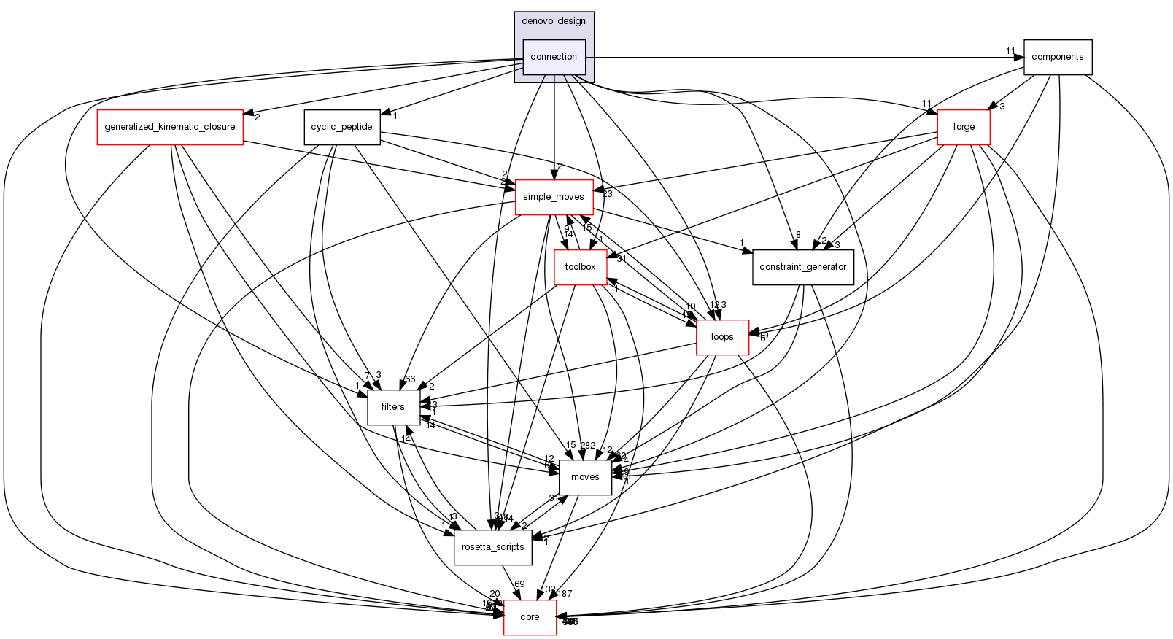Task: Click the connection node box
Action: coord(554,57)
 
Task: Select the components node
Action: coord(1057,57)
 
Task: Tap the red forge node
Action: coord(963,127)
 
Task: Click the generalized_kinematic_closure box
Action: coord(170,127)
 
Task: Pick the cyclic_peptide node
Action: coord(341,127)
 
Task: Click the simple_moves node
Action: coord(553,197)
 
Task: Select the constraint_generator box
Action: coord(802,267)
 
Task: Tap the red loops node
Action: coord(722,337)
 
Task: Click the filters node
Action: coord(392,407)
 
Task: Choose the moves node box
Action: coord(585,477)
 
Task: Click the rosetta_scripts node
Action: coord(492,547)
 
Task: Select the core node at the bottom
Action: coord(530,617)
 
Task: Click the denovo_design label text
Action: coord(554,21)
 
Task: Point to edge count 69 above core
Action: coord(519,584)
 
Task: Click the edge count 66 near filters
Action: coord(409,379)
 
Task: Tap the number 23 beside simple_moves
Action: coord(607,194)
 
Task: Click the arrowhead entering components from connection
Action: coord(1019,57)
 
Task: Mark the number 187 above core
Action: coord(565,594)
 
